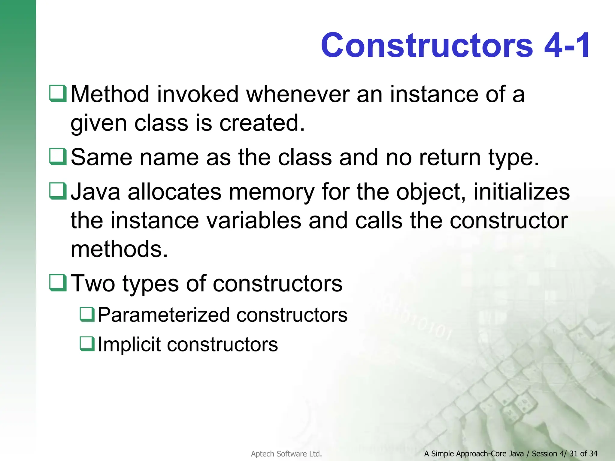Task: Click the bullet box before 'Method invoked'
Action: click(x=58, y=94)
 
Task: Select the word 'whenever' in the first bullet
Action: click(x=298, y=94)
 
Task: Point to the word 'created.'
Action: click(x=262, y=123)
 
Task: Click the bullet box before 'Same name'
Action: click(x=58, y=157)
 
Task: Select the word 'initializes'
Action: click(x=522, y=192)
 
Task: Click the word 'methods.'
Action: click(x=119, y=249)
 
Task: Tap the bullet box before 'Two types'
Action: click(x=58, y=283)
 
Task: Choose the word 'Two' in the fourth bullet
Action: click(x=93, y=284)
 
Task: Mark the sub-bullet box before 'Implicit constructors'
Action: click(x=87, y=344)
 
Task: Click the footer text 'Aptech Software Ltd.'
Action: click(x=286, y=454)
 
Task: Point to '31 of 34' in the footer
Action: click(x=583, y=453)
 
